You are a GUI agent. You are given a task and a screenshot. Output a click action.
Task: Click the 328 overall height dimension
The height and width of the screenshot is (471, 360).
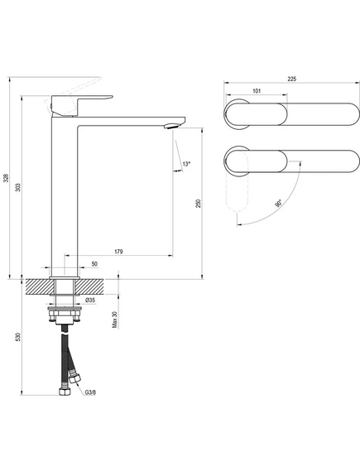pos(5,178)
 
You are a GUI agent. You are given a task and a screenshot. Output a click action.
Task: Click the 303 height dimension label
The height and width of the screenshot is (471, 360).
pos(18,187)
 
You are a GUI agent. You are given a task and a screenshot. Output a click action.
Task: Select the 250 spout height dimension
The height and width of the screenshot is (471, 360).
pos(199,204)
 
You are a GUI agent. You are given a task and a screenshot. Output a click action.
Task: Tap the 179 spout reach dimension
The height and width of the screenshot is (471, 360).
pos(118,252)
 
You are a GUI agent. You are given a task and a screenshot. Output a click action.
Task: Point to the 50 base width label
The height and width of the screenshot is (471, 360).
pos(94,264)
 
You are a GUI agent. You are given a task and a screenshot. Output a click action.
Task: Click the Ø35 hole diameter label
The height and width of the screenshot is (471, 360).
pos(90,300)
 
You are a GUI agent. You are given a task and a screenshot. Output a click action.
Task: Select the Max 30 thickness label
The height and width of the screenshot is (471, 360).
pos(115,320)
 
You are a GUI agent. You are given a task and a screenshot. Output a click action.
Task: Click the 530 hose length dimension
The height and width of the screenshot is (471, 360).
pos(18,336)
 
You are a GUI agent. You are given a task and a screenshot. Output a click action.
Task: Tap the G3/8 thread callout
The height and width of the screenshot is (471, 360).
pos(90,392)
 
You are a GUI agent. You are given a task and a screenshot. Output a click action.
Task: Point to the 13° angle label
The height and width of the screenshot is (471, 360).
pos(186,164)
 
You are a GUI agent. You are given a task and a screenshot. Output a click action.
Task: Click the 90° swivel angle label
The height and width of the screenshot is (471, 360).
pos(278,204)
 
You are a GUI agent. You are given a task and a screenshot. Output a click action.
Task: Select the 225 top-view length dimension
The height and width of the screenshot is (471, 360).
pos(292,79)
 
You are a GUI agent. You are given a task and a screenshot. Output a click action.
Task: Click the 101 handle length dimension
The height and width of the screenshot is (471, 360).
pos(257,91)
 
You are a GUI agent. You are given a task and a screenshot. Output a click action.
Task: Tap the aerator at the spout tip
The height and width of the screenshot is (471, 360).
pos(172,126)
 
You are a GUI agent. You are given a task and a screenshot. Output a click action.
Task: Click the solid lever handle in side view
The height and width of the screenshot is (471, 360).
pos(81,105)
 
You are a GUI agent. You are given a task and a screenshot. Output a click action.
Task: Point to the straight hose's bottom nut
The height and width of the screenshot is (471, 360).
pos(65,391)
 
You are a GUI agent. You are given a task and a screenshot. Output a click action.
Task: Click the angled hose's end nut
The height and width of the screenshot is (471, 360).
pos(74,377)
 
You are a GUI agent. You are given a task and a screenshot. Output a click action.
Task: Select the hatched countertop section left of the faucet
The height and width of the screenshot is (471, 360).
pos(38,287)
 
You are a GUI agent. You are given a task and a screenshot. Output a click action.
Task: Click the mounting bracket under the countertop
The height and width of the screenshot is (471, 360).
pos(65,315)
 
